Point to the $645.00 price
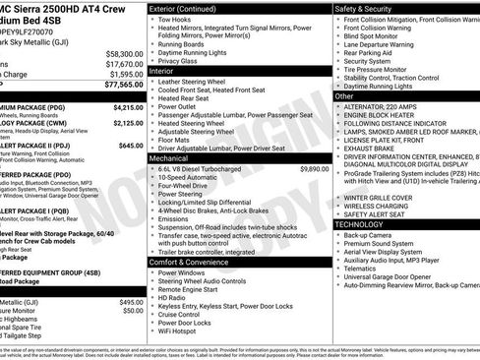click(131, 145)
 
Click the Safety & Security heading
click(373, 8)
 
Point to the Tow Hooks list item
click(174, 19)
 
